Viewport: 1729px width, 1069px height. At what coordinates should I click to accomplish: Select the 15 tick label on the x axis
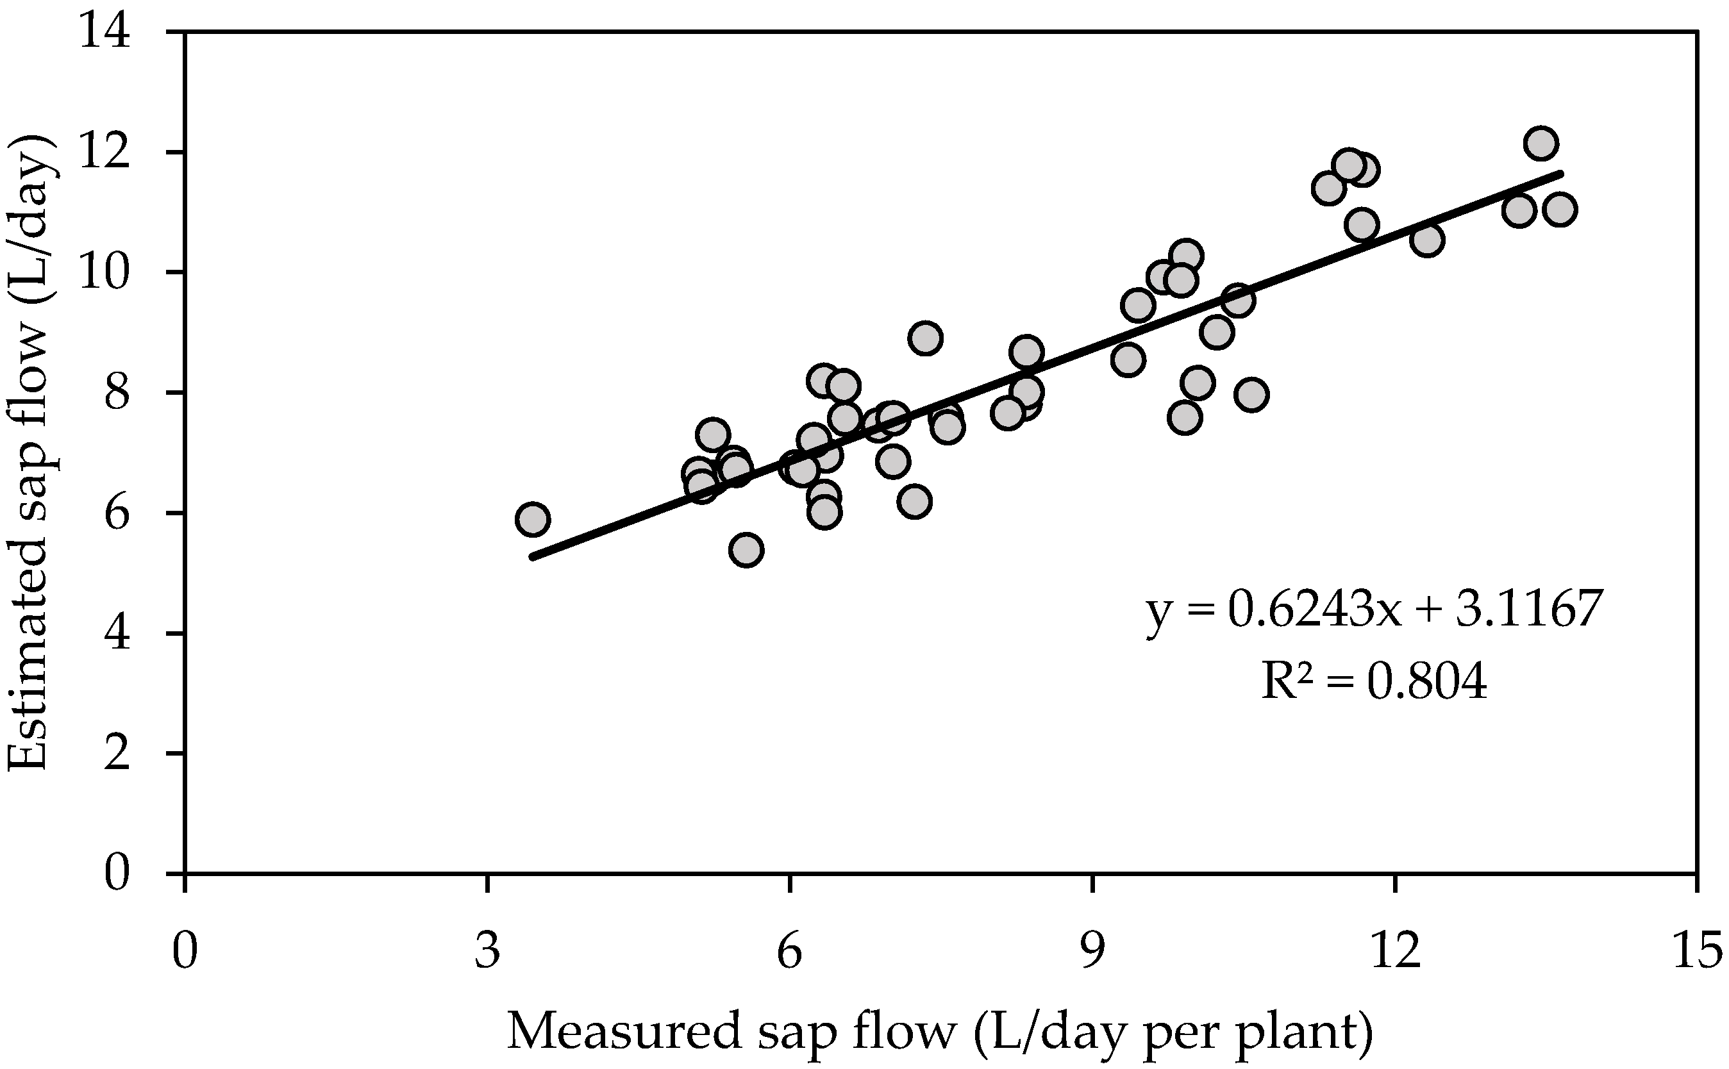[x=1696, y=951]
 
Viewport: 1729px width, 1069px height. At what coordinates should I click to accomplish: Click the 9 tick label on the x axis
[x=1092, y=951]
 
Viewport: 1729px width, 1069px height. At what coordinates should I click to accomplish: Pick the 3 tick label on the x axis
[x=487, y=951]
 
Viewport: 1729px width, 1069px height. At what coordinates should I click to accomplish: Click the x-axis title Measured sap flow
[x=940, y=1031]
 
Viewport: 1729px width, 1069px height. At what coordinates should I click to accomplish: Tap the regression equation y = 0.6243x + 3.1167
[x=1373, y=609]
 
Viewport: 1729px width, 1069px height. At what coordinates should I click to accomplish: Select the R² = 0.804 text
[x=1374, y=683]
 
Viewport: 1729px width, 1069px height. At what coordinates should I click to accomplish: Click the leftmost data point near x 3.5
[x=533, y=520]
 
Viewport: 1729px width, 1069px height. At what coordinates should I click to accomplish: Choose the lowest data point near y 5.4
[x=747, y=550]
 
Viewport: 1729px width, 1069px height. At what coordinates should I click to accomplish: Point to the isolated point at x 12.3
[x=1427, y=240]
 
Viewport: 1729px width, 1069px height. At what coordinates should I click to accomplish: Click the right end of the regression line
[x=1560, y=173]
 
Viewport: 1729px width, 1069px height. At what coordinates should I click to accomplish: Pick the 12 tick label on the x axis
[x=1395, y=951]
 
